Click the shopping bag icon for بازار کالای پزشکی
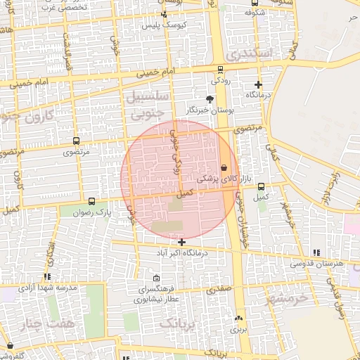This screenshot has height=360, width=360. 224,168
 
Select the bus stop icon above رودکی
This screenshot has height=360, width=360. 221,70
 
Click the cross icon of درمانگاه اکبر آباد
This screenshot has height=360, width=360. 182,242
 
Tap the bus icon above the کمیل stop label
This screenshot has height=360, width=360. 262,186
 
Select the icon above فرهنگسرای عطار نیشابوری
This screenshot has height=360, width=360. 156,278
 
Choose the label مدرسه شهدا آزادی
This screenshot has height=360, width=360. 47,288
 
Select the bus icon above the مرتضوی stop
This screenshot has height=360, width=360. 77,141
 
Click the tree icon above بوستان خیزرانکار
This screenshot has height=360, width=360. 209,99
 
